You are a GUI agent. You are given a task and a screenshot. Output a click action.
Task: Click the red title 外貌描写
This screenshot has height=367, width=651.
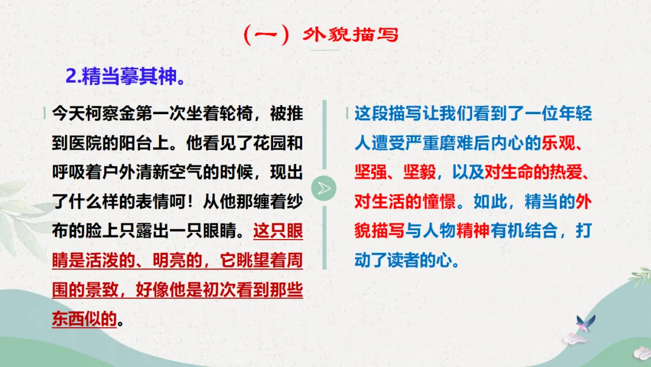(350, 34)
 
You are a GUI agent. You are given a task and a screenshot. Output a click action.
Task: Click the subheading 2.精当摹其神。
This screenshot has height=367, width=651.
(124, 77)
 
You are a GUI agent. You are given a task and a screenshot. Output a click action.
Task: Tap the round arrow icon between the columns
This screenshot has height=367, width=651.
(324, 188)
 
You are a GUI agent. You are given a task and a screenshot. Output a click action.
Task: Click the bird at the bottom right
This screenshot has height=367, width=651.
(585, 324)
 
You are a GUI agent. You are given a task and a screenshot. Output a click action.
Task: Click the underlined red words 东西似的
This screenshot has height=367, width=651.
(84, 318)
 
